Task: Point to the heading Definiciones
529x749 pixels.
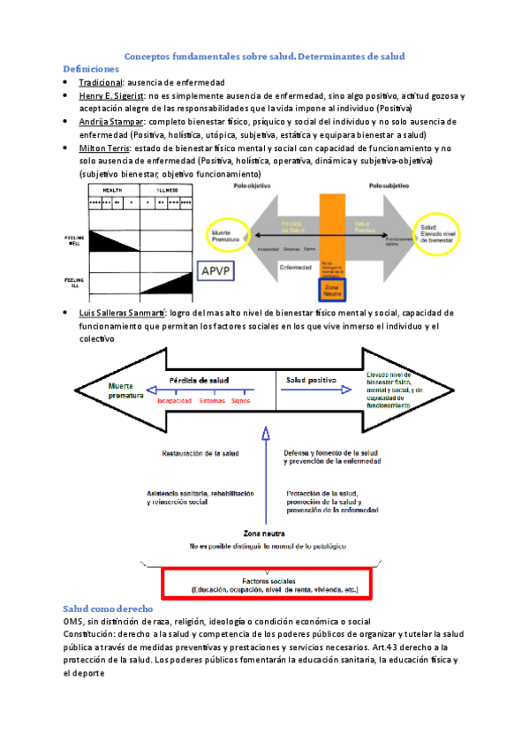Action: (91, 68)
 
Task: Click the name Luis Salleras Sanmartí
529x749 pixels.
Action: (129, 313)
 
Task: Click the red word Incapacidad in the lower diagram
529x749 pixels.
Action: (176, 399)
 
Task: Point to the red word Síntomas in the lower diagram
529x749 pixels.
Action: (212, 399)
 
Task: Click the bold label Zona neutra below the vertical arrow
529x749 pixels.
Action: (263, 534)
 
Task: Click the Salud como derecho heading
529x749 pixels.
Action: (109, 609)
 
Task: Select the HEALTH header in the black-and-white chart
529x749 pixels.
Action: (112, 189)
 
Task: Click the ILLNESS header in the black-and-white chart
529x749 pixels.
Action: (167, 189)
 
